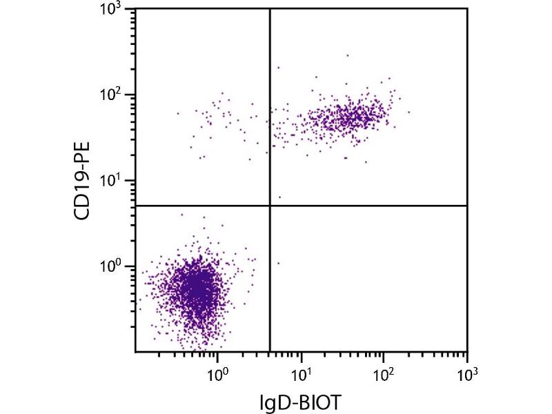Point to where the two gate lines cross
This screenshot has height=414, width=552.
point(269,206)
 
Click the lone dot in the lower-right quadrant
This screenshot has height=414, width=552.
point(278,263)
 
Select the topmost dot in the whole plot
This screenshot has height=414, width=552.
point(347,55)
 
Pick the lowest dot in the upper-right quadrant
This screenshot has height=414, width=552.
point(279,197)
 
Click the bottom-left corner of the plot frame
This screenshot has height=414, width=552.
point(135,351)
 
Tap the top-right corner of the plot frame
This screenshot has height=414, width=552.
point(467,9)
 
